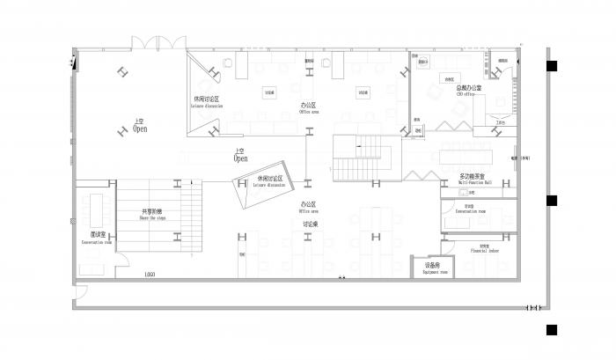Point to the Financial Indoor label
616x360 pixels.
(484, 249)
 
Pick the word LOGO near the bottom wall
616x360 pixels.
(150, 275)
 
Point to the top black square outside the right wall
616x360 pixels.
(551, 66)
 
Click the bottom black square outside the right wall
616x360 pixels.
(551, 330)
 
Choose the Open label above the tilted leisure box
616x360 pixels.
(239, 158)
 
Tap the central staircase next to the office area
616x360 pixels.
(361, 158)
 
